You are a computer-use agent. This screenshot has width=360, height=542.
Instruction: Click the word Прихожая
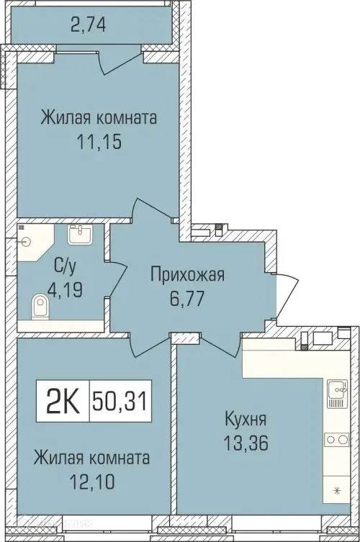187,274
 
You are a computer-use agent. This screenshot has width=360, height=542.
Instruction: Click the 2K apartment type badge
63,398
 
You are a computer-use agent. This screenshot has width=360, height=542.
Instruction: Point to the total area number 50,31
119,398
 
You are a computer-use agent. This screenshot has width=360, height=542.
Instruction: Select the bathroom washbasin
78,235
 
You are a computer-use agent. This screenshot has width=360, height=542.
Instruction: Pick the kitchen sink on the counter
336,391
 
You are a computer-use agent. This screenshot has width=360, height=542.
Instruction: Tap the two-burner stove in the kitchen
336,438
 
